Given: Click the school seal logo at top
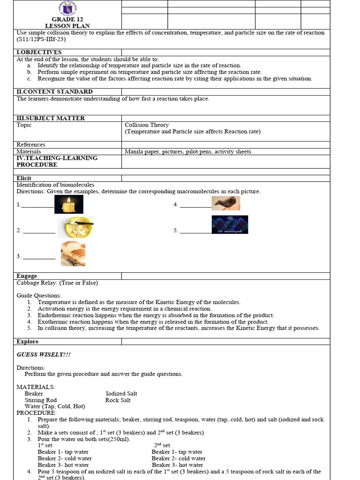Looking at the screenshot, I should [68, 8].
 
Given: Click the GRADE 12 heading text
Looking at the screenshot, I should [67, 19].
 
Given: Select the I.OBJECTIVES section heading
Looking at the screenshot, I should [39, 52].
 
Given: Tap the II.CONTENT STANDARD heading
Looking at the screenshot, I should [54, 91].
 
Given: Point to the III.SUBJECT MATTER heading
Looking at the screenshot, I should [51, 118].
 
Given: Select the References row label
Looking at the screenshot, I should [31, 145].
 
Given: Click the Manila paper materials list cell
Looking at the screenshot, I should [187, 151].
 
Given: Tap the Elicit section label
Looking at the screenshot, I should [25, 178].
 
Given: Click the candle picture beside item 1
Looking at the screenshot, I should [68, 204].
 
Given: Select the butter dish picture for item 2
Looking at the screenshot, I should [75, 227].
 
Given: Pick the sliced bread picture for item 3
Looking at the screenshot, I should [73, 254].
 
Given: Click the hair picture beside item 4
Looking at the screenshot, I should [226, 203].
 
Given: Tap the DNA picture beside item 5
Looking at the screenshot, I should [230, 225].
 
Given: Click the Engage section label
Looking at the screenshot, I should [27, 276].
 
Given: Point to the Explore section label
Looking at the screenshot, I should [28, 342].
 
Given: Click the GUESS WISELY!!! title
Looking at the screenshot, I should [44, 355].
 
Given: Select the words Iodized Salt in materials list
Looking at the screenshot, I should [121, 394].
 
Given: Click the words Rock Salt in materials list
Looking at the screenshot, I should [118, 400].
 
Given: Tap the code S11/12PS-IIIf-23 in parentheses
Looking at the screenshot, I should [37, 39].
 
